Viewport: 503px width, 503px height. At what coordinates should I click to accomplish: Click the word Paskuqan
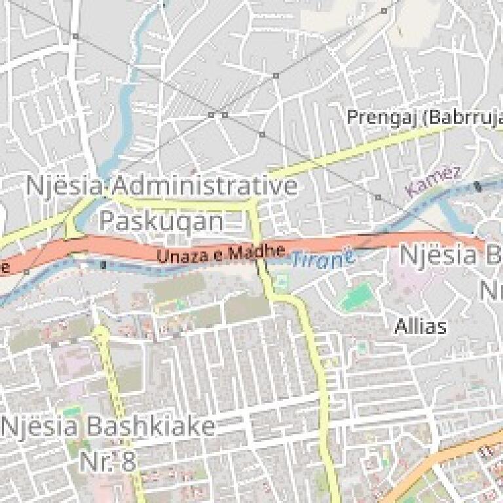161,221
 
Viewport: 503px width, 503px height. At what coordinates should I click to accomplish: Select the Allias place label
420,326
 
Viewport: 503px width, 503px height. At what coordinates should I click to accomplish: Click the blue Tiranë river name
322,258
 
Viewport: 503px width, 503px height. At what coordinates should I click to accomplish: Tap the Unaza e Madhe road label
221,253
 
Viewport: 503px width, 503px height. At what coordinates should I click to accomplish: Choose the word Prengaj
382,118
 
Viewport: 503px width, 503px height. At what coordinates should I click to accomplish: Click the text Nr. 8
107,460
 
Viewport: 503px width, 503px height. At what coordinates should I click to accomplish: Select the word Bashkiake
151,427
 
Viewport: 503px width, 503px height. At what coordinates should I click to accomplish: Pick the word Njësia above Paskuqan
64,186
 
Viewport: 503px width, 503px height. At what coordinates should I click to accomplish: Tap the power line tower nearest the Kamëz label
378,196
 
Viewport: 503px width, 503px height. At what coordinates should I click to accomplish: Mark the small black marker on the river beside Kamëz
477,186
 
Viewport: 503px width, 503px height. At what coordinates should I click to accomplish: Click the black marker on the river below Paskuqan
104,265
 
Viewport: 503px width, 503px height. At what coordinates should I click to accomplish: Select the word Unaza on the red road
176,255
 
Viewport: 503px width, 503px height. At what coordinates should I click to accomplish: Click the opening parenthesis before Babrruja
424,118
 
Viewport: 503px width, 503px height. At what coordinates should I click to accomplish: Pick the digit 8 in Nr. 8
128,460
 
